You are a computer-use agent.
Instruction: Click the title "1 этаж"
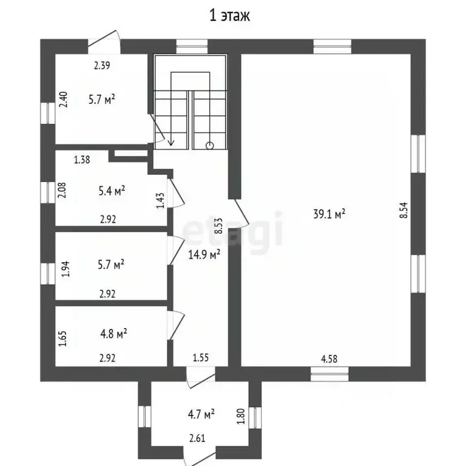point(229,15)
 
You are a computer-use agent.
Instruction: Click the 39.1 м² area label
point(329,214)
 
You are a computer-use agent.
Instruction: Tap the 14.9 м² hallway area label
point(204,254)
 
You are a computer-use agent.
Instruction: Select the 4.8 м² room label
point(113,334)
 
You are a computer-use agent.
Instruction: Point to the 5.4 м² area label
point(112,191)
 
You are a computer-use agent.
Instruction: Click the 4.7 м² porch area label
point(201,414)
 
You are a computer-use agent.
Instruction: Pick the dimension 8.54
point(404,211)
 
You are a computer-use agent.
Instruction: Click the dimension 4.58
point(329,359)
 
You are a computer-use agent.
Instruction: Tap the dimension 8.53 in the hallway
point(218,226)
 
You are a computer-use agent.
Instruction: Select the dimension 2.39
point(102,65)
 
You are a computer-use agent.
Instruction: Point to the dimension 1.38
point(82,160)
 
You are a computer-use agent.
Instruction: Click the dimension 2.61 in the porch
point(197,438)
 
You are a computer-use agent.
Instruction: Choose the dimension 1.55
point(201,357)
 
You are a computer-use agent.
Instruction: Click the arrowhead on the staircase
point(171,143)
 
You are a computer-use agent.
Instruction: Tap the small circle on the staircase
point(210,146)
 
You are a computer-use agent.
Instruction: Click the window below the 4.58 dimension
point(329,374)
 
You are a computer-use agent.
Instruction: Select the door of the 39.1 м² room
point(241,212)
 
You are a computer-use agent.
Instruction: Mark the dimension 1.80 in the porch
point(241,416)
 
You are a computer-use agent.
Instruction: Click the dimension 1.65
point(62,339)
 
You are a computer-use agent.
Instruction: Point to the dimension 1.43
point(160,201)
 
